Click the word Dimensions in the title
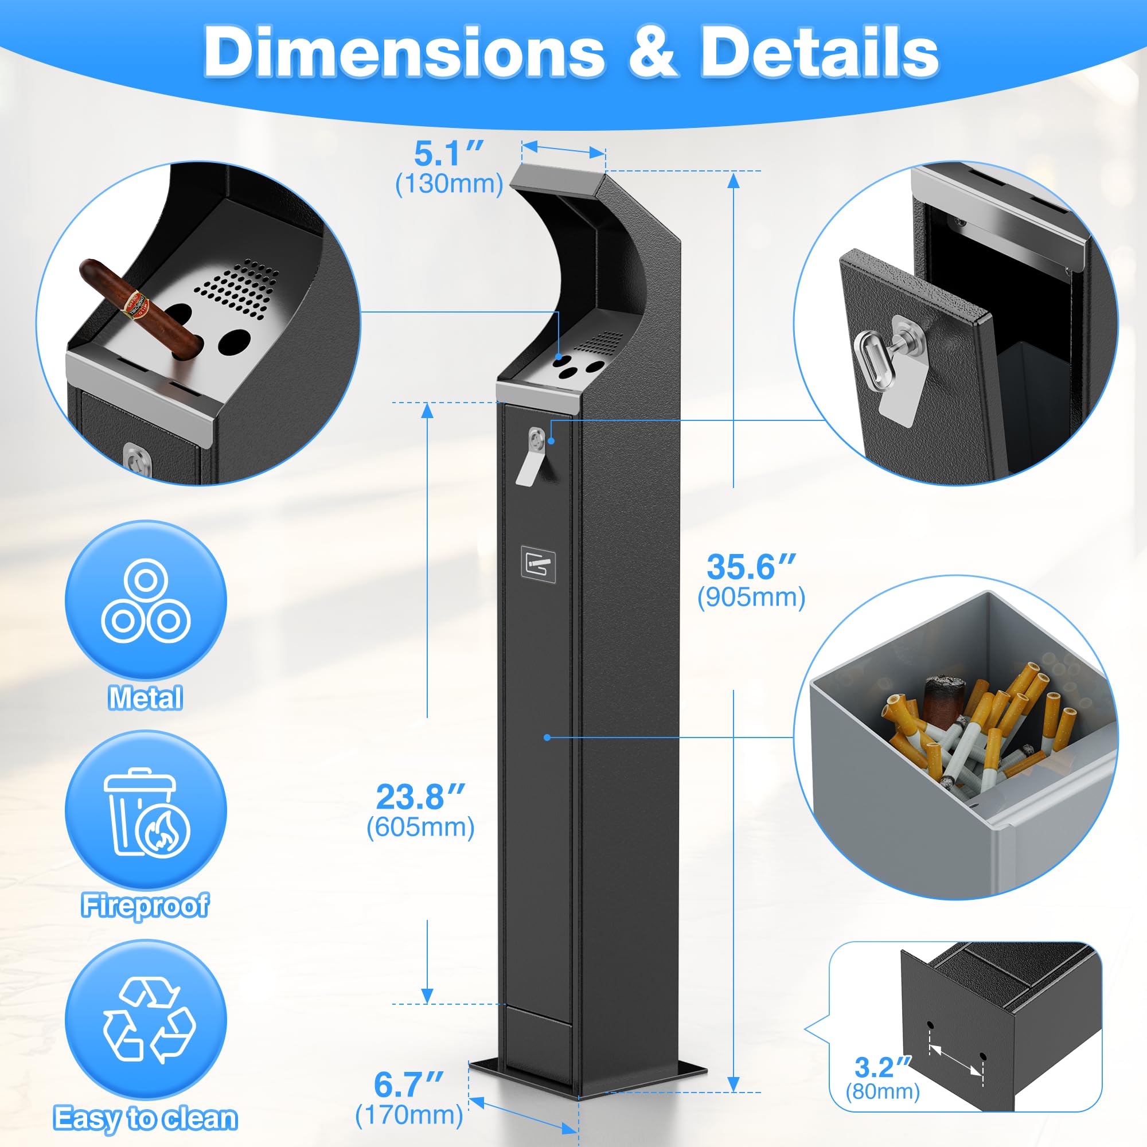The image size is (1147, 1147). click(404, 52)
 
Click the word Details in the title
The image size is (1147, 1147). click(820, 52)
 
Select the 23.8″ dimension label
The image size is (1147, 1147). click(420, 797)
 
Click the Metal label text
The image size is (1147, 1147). click(146, 697)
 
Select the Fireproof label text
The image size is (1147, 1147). click(146, 906)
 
